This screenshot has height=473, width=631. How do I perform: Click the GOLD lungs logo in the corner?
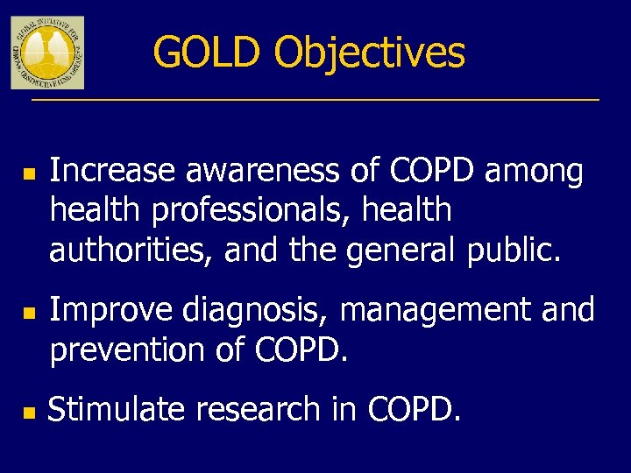click(x=47, y=52)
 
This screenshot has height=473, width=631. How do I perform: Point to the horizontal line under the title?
click(x=315, y=100)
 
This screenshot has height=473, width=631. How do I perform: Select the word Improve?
click(x=100, y=310)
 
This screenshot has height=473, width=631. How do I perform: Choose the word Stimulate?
click(x=116, y=410)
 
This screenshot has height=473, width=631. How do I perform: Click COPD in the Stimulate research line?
click(x=413, y=410)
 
